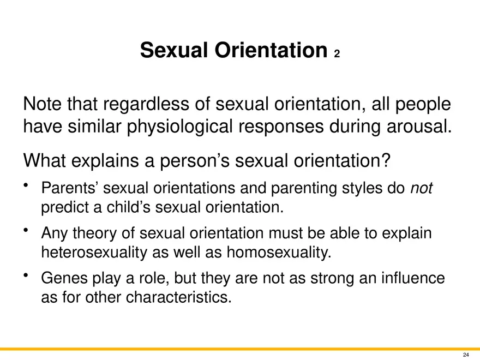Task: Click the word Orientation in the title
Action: [x=271, y=50]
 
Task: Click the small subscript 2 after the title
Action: [x=337, y=54]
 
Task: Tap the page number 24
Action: [x=466, y=355]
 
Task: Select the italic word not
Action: [x=421, y=188]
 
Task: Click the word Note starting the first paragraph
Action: [x=42, y=104]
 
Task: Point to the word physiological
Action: [x=180, y=127]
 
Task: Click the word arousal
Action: [x=419, y=126]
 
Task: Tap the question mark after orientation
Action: [x=386, y=160]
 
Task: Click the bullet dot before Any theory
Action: [x=26, y=230]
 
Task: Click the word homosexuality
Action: [x=279, y=253]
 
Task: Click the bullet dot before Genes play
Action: [x=26, y=275]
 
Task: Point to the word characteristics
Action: [x=178, y=297]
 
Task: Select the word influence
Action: [x=413, y=278]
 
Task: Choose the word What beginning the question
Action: [x=44, y=160]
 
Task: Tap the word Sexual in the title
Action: [x=174, y=50]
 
